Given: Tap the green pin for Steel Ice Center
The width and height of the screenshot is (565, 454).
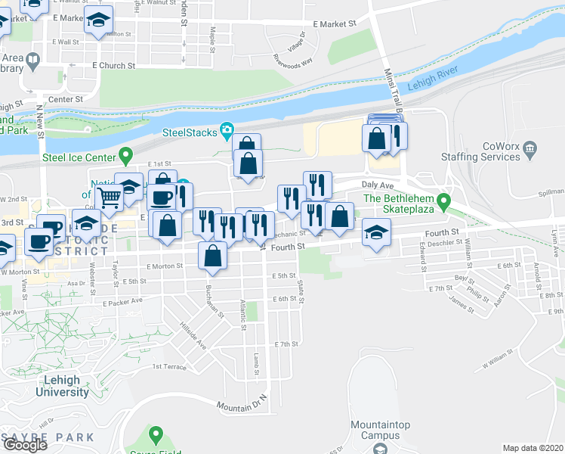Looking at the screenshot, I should click(x=127, y=157).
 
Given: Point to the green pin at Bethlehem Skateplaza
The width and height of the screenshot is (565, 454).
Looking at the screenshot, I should click(x=445, y=202).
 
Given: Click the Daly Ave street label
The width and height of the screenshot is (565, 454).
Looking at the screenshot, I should click(x=378, y=185).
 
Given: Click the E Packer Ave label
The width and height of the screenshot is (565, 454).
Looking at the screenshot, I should click(x=122, y=301).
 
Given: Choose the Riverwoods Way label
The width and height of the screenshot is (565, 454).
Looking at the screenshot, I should click(x=293, y=60).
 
